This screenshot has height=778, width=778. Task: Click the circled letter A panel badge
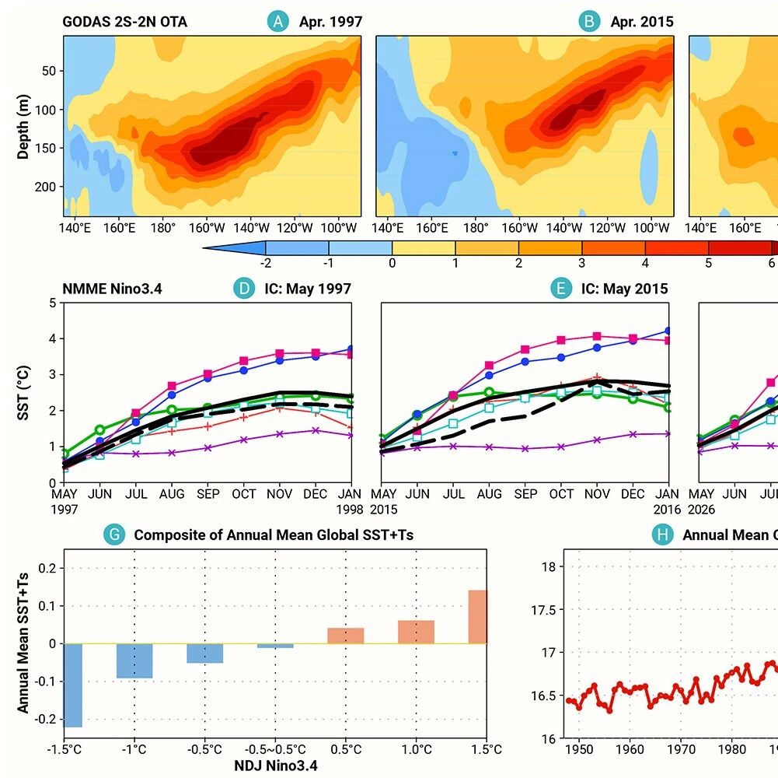click(x=278, y=21)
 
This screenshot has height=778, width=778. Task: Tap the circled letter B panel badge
click(x=589, y=21)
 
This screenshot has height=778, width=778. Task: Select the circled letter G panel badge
click(x=114, y=534)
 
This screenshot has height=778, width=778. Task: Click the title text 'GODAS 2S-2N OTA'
click(x=124, y=22)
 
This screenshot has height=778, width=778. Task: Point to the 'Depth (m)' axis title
click(x=23, y=126)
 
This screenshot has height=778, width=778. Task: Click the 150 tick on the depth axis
click(x=48, y=148)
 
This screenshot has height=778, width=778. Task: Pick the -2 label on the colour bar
click(x=266, y=263)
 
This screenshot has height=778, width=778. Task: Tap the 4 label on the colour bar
click(x=645, y=263)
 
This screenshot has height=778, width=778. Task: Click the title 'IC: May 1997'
click(x=308, y=289)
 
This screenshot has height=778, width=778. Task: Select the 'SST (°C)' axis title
click(x=23, y=393)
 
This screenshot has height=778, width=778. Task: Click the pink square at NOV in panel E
click(x=597, y=336)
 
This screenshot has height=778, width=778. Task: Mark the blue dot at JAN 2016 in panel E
click(x=668, y=331)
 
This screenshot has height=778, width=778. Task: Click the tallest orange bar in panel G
click(x=477, y=617)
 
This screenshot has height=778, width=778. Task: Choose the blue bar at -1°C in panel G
click(x=134, y=661)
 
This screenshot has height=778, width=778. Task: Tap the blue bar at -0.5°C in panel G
click(x=205, y=654)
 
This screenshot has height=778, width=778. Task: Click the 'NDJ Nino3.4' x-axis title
click(x=275, y=766)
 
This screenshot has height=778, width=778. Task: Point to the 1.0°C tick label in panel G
click(x=417, y=749)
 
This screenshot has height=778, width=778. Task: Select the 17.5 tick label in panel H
click(x=543, y=610)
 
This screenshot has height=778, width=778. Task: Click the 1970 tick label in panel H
click(x=681, y=749)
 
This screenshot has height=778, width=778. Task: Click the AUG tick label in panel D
click(x=172, y=494)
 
